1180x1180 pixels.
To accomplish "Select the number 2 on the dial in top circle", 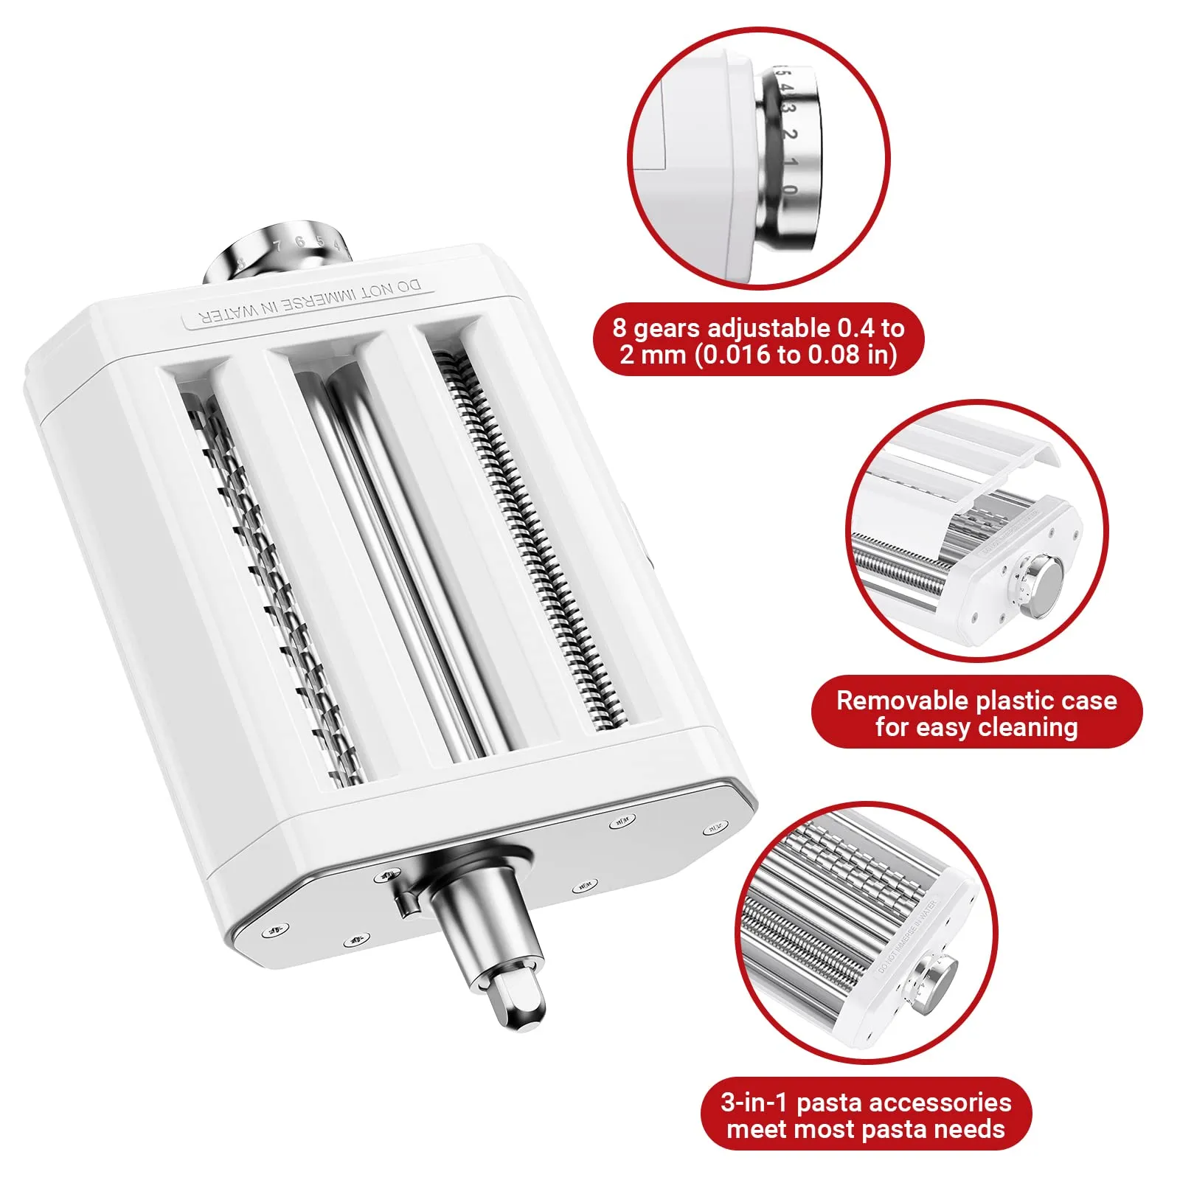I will tap(790, 136).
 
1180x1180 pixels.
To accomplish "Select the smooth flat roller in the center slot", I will tap(402, 560).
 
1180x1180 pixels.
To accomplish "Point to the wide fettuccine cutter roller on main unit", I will tap(265, 590).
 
